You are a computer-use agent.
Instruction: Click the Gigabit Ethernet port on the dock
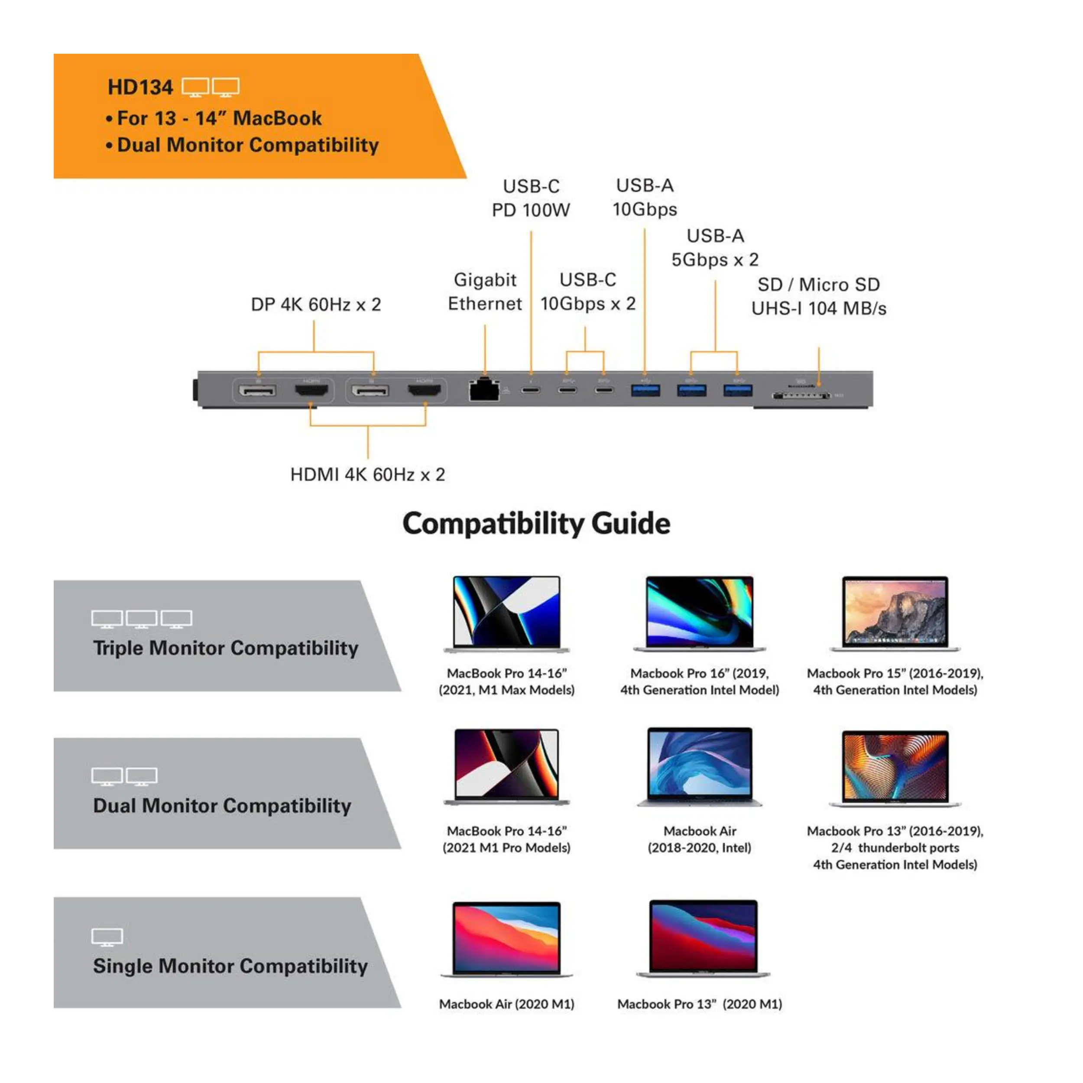click(484, 389)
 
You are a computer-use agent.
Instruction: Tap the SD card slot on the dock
click(801, 396)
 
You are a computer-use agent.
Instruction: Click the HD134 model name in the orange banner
click(140, 88)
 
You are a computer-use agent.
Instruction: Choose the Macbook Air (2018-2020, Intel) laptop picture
click(700, 767)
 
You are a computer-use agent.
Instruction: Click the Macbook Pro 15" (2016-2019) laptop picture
click(895, 614)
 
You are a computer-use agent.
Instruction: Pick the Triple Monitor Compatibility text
click(225, 649)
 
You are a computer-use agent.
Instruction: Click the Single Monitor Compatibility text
click(230, 966)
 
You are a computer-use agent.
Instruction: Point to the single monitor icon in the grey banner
click(107, 937)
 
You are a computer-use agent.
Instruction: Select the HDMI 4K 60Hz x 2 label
click(368, 475)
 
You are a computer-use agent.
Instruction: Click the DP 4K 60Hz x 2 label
click(316, 305)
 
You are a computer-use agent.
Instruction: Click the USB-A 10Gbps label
click(645, 197)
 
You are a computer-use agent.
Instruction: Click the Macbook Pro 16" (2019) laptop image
click(700, 614)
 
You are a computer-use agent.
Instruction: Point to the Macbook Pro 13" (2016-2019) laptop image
click(895, 768)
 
